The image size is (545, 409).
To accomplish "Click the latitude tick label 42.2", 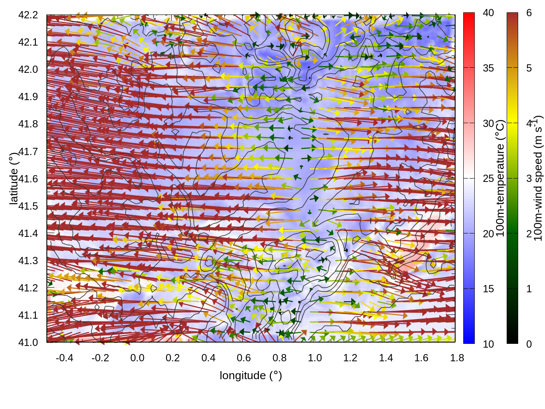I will [x=28, y=15].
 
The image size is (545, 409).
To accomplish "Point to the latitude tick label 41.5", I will [x=28, y=206].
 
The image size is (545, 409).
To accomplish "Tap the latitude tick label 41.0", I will [x=28, y=343].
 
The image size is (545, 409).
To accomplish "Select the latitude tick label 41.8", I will [x=28, y=124].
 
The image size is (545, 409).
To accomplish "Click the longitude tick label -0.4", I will [x=64, y=358].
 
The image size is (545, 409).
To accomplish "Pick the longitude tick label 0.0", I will [x=137, y=358].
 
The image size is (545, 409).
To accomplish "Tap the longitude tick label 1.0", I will [x=315, y=358].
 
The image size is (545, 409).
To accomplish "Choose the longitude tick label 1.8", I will [x=457, y=358].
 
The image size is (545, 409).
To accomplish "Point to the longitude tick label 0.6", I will [x=244, y=358].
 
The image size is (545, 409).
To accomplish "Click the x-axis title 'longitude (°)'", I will [x=251, y=375].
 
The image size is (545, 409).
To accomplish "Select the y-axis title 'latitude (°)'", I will [x=14, y=179].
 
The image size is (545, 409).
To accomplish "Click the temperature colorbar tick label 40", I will [x=488, y=13].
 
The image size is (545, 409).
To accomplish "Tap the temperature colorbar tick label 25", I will [x=488, y=179].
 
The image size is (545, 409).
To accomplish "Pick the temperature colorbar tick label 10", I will [x=488, y=344].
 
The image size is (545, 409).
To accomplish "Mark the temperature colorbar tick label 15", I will [x=488, y=289].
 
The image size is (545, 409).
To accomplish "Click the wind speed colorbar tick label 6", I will [x=529, y=13].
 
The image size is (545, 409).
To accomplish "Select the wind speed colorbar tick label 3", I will [x=529, y=179].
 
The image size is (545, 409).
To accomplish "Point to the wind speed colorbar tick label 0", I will [x=529, y=344].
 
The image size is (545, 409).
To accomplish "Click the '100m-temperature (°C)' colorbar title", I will [x=500, y=179].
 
